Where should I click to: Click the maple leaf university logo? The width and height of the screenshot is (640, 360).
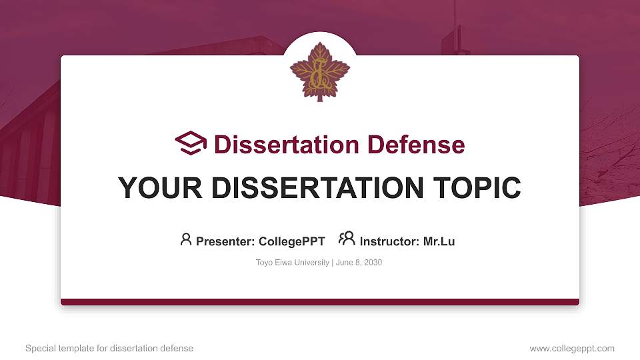(x=320, y=71)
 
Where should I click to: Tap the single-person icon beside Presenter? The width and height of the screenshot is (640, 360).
(x=186, y=239)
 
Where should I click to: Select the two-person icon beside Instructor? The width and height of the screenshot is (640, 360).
(x=347, y=239)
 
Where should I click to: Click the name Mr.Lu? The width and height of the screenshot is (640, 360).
(x=439, y=241)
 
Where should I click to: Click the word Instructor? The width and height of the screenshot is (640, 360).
(x=390, y=241)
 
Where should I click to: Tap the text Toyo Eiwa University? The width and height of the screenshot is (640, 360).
(x=292, y=263)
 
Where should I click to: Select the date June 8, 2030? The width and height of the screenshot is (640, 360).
(x=359, y=263)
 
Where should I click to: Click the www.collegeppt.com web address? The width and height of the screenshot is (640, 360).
(x=571, y=348)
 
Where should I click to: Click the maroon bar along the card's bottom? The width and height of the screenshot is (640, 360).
(x=320, y=302)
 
